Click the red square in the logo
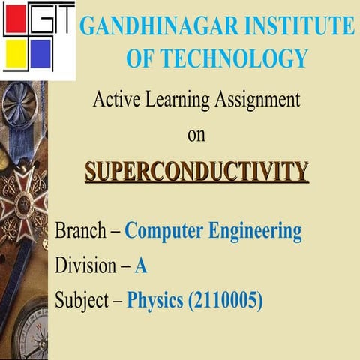tap(16, 21)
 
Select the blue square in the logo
tap(41, 54)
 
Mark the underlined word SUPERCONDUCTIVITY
tap(196, 172)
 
